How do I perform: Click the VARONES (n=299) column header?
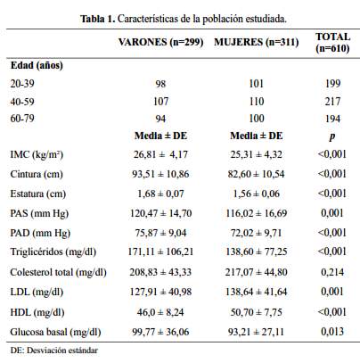(x=160, y=42)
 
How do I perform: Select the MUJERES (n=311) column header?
(x=257, y=42)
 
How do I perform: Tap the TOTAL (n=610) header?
(x=332, y=42)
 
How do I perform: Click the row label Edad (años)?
(x=37, y=65)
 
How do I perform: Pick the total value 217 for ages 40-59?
(x=332, y=102)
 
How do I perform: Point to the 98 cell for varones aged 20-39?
(x=160, y=84)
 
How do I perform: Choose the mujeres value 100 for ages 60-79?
(x=257, y=119)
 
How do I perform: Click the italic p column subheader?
(x=332, y=136)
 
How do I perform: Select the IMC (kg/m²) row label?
(x=37, y=154)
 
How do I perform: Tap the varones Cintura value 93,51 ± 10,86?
(x=160, y=174)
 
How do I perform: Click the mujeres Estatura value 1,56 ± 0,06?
(x=257, y=194)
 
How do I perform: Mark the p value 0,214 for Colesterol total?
(x=332, y=272)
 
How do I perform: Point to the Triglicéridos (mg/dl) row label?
(x=53, y=252)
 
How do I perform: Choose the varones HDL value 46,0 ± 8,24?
(x=160, y=312)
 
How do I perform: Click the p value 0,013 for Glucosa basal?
(x=332, y=332)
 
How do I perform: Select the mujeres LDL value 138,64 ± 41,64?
(x=257, y=292)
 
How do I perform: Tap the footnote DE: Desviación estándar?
(x=53, y=351)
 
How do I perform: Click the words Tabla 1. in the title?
(x=97, y=19)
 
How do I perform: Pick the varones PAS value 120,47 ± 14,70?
(x=160, y=213)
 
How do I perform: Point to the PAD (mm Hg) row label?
(x=40, y=233)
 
